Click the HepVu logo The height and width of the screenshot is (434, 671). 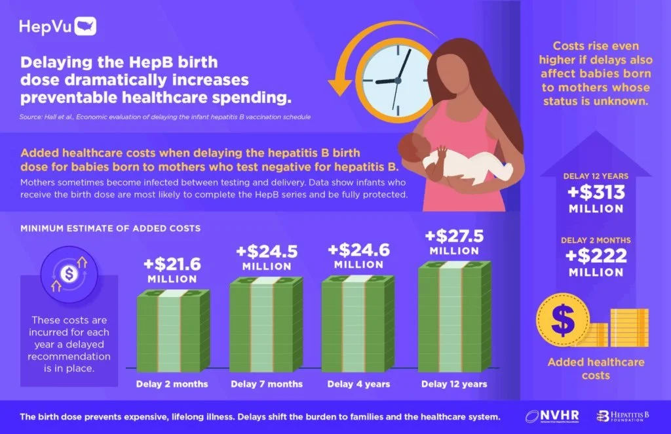click(58, 26)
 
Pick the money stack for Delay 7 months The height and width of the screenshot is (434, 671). click(265, 323)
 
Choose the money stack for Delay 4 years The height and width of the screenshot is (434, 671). click(358, 322)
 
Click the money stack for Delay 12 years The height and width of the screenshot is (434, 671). click(454, 315)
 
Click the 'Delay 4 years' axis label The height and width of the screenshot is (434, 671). click(358, 384)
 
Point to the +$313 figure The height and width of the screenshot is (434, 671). click(596, 193)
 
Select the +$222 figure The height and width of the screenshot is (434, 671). click(596, 256)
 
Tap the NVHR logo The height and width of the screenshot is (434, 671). click(549, 416)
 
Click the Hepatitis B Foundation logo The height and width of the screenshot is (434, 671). click(622, 416)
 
